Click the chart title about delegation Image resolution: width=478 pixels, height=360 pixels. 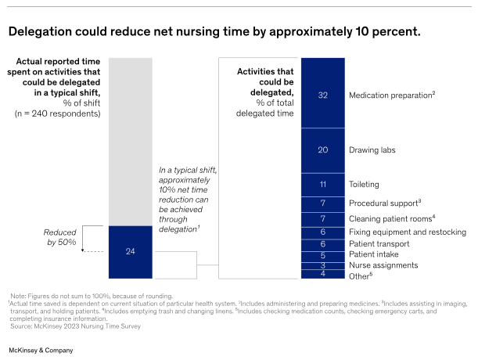click(x=214, y=32)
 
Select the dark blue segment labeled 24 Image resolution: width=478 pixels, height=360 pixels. click(x=130, y=252)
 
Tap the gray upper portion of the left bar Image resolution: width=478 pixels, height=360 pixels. click(x=130, y=141)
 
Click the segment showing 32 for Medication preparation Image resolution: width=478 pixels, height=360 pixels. click(x=322, y=94)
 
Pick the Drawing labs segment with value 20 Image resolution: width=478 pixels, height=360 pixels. click(x=322, y=149)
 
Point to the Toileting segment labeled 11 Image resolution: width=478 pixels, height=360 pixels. click(x=322, y=185)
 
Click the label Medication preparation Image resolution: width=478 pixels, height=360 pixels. click(x=391, y=95)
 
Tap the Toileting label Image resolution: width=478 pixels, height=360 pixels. click(x=365, y=185)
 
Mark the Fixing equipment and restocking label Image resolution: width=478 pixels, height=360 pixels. click(x=407, y=232)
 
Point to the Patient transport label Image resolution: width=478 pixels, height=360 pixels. click(x=380, y=243)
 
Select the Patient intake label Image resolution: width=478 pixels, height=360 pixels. click(x=374, y=254)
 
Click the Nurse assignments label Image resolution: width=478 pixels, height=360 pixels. click(x=384, y=265)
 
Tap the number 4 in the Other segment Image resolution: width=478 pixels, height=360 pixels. click(x=322, y=274)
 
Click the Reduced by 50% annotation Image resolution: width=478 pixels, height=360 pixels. click(x=59, y=239)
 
